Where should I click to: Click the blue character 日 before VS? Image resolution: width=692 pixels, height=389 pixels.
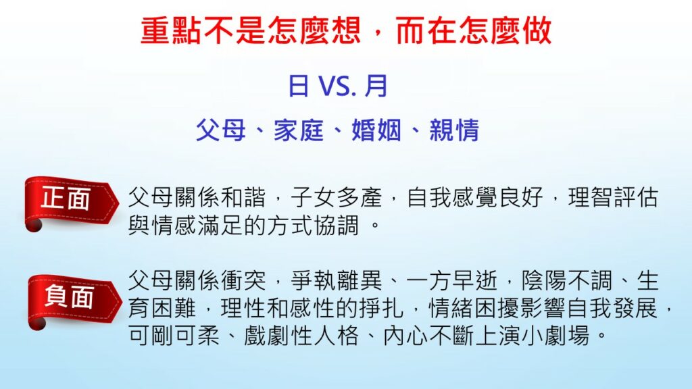299,86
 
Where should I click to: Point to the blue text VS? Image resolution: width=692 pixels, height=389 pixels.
337,86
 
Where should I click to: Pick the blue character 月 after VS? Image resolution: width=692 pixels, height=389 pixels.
376,86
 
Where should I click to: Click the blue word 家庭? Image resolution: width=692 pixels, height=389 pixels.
299,130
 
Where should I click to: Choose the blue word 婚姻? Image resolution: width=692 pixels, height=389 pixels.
376,130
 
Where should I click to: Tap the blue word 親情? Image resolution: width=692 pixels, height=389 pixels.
454,130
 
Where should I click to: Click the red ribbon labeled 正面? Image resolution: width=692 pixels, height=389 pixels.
70,202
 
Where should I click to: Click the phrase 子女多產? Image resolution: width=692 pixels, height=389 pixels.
337,197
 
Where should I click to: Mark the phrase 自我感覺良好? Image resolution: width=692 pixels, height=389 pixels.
475,197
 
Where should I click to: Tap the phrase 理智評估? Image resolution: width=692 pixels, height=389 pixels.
614,197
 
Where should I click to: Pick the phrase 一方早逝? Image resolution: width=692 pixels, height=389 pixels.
452,280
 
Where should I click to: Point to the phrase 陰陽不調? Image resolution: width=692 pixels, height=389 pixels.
567,280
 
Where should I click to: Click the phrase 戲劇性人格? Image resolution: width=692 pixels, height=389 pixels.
301,336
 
